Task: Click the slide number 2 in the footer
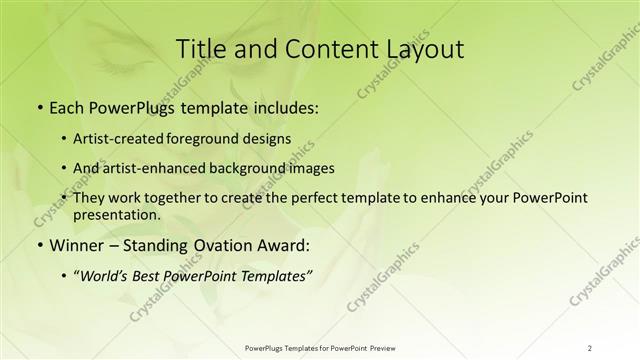tap(589, 347)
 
